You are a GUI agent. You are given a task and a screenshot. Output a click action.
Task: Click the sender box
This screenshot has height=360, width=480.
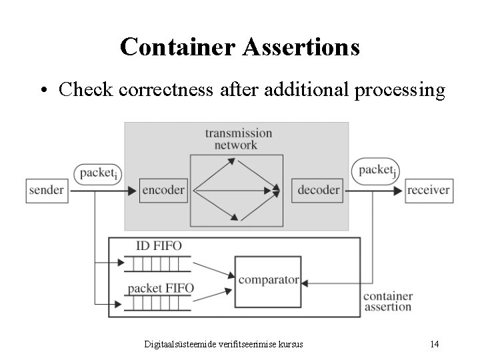click(x=47, y=190)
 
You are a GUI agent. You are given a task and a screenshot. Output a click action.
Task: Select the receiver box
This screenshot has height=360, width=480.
click(x=429, y=190)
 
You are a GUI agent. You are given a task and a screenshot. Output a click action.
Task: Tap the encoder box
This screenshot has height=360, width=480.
click(x=163, y=190)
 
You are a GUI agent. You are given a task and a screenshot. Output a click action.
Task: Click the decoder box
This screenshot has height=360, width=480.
click(x=318, y=190)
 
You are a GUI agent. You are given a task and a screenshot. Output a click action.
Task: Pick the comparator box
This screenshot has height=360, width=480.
click(x=268, y=280)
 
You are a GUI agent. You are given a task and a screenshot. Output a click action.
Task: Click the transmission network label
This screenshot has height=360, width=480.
click(x=238, y=139)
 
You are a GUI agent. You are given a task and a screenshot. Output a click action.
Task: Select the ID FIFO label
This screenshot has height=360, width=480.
click(x=158, y=246)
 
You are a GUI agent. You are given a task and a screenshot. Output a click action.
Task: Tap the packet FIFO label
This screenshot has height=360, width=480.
click(x=161, y=288)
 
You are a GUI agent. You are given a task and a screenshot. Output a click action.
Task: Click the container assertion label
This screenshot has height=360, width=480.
click(x=387, y=301)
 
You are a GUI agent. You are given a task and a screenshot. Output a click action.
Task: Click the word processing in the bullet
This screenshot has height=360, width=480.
click(x=400, y=89)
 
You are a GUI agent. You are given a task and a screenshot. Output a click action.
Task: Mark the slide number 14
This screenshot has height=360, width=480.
click(x=434, y=344)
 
